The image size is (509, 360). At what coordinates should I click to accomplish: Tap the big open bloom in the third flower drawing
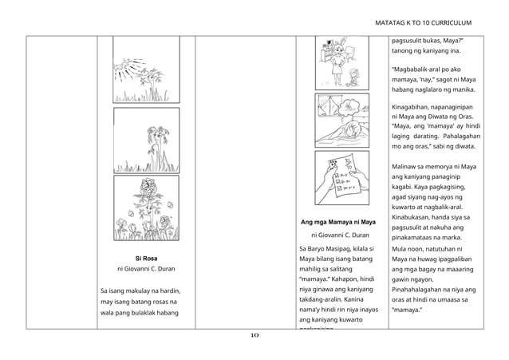point(146,190)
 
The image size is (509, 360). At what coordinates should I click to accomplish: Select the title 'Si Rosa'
point(145,259)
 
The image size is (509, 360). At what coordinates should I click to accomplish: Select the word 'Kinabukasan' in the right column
point(416,217)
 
